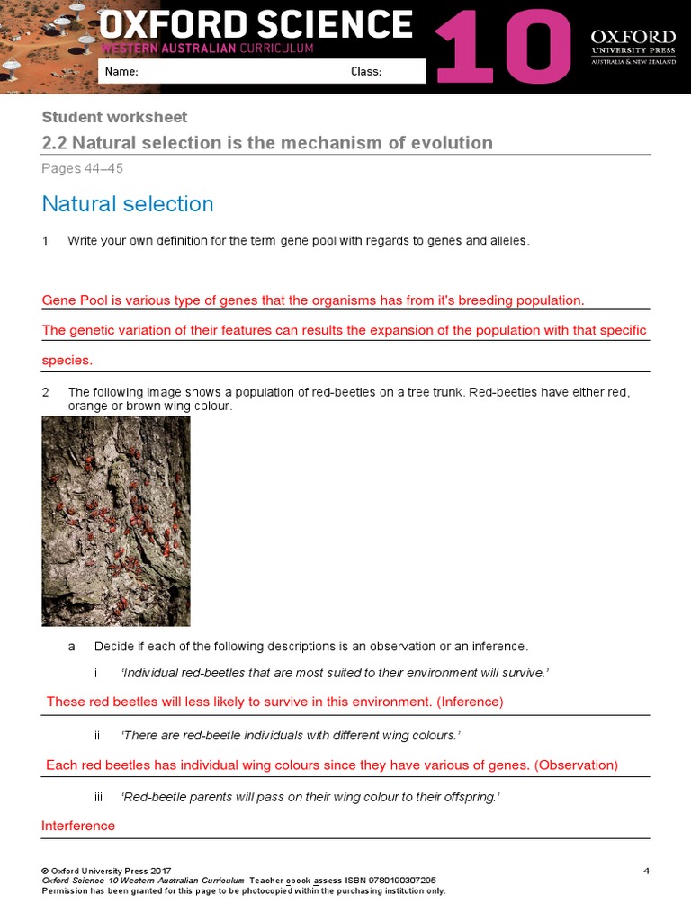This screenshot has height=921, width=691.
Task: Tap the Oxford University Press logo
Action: click(633, 47)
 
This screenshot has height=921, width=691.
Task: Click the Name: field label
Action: click(121, 72)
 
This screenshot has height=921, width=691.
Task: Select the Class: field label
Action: click(366, 72)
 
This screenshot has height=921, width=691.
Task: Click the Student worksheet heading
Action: click(115, 117)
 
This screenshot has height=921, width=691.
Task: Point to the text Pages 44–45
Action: click(83, 168)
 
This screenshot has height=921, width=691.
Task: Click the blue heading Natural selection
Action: click(128, 204)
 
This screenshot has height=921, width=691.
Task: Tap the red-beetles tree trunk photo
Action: click(116, 521)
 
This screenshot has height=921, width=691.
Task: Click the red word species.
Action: click(67, 360)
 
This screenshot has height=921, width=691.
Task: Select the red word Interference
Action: click(78, 826)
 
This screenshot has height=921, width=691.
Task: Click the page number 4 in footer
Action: click(646, 871)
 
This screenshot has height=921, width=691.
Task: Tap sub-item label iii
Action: click(99, 798)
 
